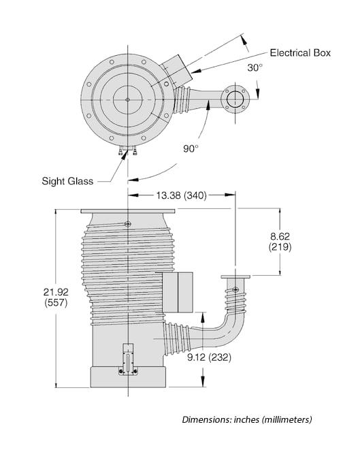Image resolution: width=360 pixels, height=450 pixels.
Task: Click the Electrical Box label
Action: click(x=300, y=53)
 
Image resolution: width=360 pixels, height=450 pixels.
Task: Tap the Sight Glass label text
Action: click(x=67, y=181)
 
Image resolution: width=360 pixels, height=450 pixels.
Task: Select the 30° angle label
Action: click(x=255, y=67)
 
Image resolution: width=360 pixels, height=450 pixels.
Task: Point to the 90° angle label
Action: click(x=191, y=148)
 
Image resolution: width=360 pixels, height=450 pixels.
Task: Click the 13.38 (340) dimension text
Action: click(x=181, y=195)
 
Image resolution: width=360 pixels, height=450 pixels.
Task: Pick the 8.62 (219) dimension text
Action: click(x=280, y=242)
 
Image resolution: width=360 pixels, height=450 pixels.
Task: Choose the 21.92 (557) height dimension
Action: click(x=56, y=297)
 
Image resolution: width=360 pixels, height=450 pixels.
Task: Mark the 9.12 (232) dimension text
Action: click(x=209, y=357)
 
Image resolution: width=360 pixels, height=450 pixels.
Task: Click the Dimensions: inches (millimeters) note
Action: click(x=247, y=419)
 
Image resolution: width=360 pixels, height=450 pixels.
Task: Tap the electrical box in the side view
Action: click(x=178, y=292)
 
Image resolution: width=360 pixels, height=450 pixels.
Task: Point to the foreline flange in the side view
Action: click(x=235, y=277)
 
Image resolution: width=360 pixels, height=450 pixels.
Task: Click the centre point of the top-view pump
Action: click(x=128, y=99)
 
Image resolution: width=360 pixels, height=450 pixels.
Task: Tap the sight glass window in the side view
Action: click(x=128, y=363)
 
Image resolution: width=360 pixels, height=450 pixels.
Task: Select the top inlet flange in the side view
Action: click(x=128, y=211)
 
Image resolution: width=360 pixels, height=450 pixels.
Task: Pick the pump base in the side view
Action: click(x=128, y=377)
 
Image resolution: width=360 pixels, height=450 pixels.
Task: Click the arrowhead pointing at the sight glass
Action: click(x=125, y=154)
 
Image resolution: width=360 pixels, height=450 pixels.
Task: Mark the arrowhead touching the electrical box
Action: click(x=195, y=71)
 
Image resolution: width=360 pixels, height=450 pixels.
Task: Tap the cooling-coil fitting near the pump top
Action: click(x=128, y=224)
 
